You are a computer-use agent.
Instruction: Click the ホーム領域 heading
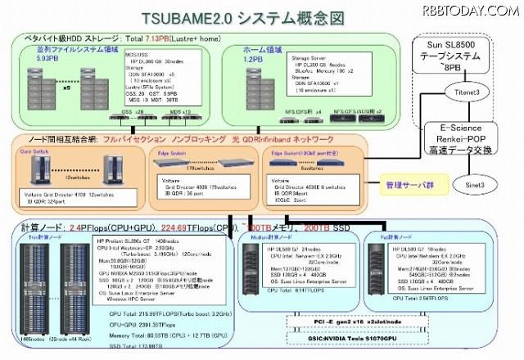[260, 48]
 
